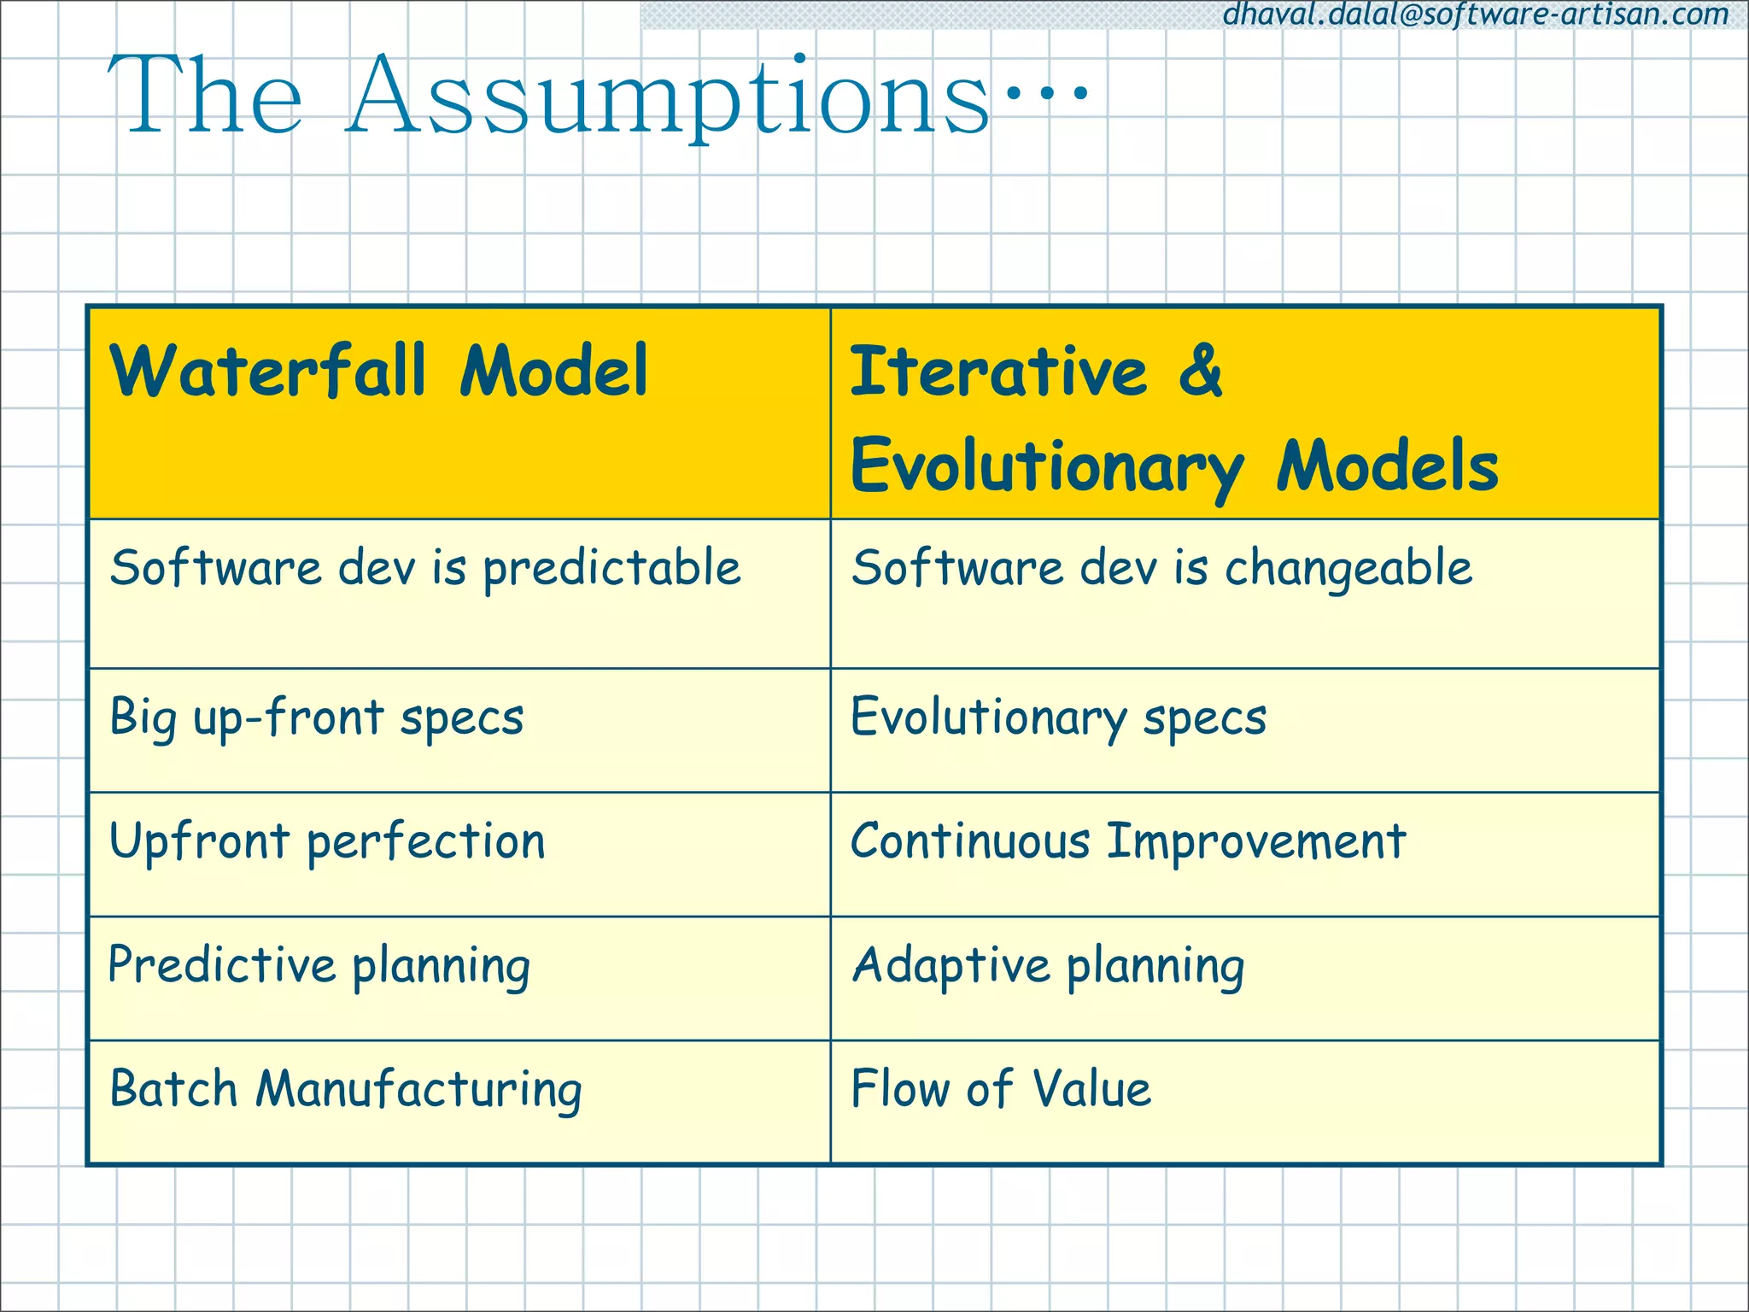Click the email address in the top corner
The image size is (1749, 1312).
1476,15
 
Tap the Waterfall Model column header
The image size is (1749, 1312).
379,372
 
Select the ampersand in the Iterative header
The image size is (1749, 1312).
1201,372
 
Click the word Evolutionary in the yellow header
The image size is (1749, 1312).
1047,466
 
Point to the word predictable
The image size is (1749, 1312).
611,569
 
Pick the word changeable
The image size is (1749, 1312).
1348,569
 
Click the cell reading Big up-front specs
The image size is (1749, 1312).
317,717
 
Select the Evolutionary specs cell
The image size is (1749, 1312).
1059,717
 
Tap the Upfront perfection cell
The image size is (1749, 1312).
327,842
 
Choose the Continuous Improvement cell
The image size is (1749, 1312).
1128,842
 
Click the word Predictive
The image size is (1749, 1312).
222,965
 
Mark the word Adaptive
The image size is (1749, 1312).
951,965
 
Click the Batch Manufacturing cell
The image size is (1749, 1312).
346,1090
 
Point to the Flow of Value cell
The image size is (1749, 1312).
1001,1090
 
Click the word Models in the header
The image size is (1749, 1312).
1387,466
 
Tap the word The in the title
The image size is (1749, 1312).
205,96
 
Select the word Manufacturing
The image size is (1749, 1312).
418,1090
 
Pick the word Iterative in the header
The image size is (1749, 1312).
999,372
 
